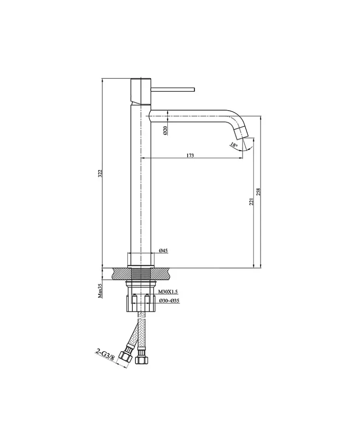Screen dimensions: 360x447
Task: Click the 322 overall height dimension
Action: coord(100,174)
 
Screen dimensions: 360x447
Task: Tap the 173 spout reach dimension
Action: coord(190,155)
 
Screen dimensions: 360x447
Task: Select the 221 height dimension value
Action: coord(251,202)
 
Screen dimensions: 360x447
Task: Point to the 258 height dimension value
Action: coord(259,192)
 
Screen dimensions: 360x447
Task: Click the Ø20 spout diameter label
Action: coord(165,130)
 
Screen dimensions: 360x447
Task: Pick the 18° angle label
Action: coord(234,144)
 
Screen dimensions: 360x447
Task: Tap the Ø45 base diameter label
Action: coord(163,251)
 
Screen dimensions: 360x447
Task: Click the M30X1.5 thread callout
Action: coord(168,291)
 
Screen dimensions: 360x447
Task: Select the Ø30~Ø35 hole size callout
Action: coord(169,300)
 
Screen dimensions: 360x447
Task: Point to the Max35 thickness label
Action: coord(100,291)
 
